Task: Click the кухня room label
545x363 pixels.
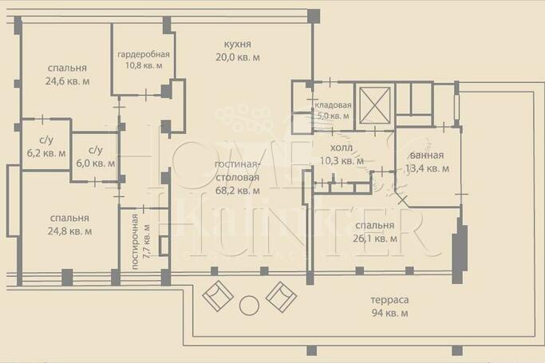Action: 238,45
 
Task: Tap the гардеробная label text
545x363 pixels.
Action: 144,54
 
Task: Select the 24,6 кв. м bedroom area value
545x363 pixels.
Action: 68,81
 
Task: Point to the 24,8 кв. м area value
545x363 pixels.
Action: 70,231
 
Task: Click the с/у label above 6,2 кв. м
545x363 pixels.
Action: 46,140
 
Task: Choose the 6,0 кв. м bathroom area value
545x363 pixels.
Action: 96,164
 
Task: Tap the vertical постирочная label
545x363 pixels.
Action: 135,242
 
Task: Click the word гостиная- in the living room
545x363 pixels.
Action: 238,164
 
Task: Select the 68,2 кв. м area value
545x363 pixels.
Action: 238,191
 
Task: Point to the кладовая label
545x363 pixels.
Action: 333,105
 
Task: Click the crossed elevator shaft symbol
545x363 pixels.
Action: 374,105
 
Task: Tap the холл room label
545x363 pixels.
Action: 342,148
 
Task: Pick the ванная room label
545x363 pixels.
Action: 427,156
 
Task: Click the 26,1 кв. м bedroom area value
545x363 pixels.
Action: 375,239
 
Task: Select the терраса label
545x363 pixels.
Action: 389,300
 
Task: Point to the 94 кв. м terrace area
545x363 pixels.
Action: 390,314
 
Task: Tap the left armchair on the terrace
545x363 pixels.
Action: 218,296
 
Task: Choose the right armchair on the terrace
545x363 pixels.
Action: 281,296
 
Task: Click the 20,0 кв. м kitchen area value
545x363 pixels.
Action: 238,57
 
